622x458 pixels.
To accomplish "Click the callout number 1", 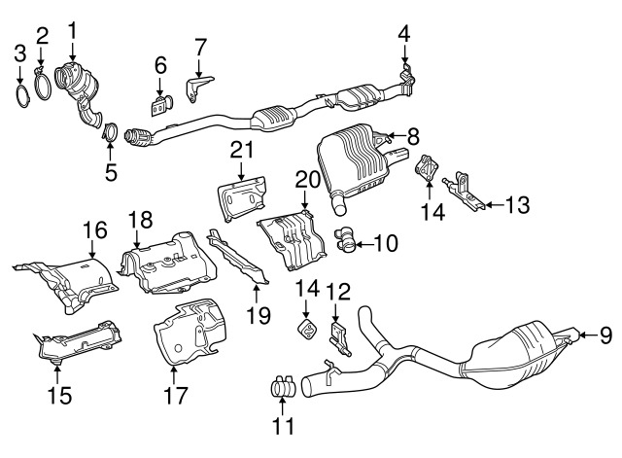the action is click(x=73, y=32).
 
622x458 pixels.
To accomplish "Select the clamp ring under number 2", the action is click(x=43, y=84).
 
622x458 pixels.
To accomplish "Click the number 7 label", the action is click(x=200, y=48).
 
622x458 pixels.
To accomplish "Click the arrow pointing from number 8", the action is click(x=398, y=137).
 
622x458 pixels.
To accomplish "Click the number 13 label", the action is click(x=517, y=205).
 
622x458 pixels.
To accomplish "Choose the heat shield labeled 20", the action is click(x=292, y=241).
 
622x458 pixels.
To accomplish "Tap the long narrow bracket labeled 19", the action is click(x=237, y=257).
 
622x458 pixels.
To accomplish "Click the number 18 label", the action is click(x=140, y=220).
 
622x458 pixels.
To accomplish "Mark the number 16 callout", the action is click(x=95, y=229).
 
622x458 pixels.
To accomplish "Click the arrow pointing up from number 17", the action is click(x=173, y=375).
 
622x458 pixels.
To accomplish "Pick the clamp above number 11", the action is click(x=284, y=386).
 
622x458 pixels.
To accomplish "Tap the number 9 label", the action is click(x=605, y=335).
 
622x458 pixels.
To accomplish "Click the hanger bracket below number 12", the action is click(x=338, y=338).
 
